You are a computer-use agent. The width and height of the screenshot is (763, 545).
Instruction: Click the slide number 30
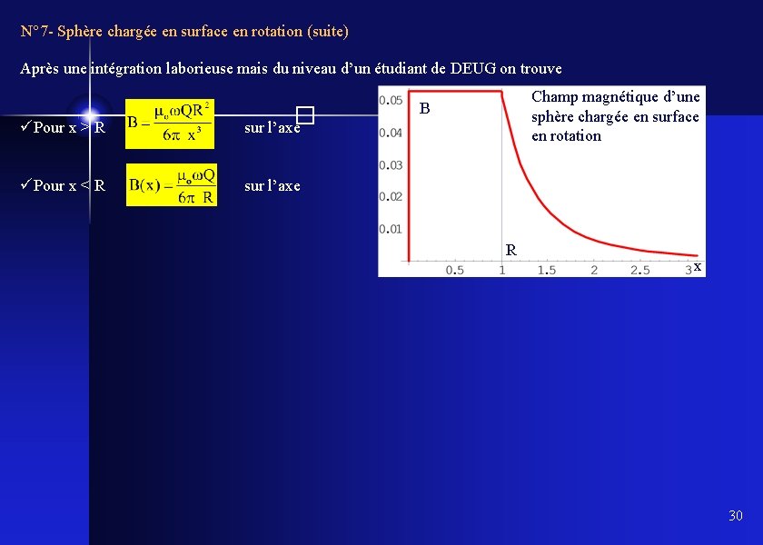[735, 516]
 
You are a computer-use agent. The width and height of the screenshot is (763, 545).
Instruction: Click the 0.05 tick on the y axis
[391, 100]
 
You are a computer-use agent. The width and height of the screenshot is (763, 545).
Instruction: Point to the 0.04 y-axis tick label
[391, 133]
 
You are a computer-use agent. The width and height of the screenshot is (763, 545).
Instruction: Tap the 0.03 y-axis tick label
[391, 164]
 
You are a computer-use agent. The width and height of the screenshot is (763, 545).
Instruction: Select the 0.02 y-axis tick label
[391, 196]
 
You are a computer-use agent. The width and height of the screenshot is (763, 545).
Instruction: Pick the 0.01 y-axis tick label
[391, 229]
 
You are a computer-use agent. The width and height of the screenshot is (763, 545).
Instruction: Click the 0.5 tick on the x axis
[454, 270]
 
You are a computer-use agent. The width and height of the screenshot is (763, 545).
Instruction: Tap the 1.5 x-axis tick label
[547, 270]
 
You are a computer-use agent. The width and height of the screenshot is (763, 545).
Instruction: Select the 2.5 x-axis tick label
[640, 270]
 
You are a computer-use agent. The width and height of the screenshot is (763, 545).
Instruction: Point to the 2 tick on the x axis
[594, 270]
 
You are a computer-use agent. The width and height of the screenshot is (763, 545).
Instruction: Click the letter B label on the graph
[423, 109]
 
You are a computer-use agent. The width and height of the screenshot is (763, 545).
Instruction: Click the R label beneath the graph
[511, 250]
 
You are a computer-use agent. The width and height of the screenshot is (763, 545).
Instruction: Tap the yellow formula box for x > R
[170, 123]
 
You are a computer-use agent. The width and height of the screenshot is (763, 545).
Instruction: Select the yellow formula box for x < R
[171, 184]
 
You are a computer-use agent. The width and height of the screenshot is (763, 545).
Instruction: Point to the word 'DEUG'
[473, 68]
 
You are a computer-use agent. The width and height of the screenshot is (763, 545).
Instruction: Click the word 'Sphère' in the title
[80, 31]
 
